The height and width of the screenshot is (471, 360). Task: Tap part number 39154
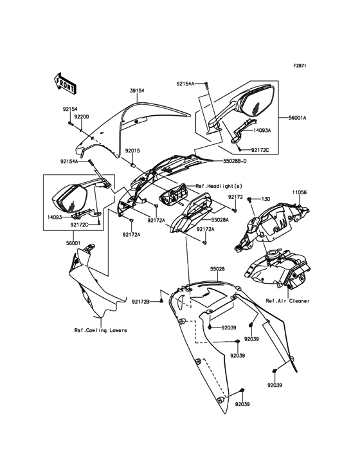137,91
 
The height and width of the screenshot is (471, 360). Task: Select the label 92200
80,117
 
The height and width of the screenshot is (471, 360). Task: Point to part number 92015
133,151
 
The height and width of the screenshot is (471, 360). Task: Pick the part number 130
265,199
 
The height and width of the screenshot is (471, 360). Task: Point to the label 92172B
141,301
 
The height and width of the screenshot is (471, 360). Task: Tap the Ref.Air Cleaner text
287,300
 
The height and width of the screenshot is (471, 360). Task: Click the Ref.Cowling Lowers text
100,330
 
